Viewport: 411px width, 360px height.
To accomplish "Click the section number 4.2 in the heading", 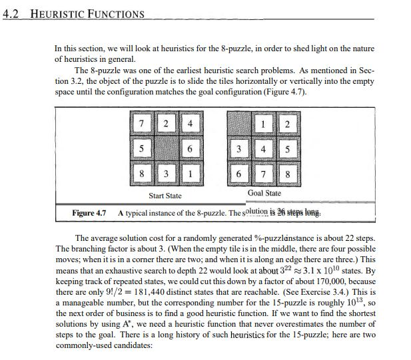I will point(12,14).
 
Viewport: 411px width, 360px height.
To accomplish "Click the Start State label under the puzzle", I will point(165,196).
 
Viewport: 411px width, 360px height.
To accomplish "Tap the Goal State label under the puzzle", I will point(264,193).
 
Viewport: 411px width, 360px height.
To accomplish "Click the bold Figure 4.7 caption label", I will point(89,213).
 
